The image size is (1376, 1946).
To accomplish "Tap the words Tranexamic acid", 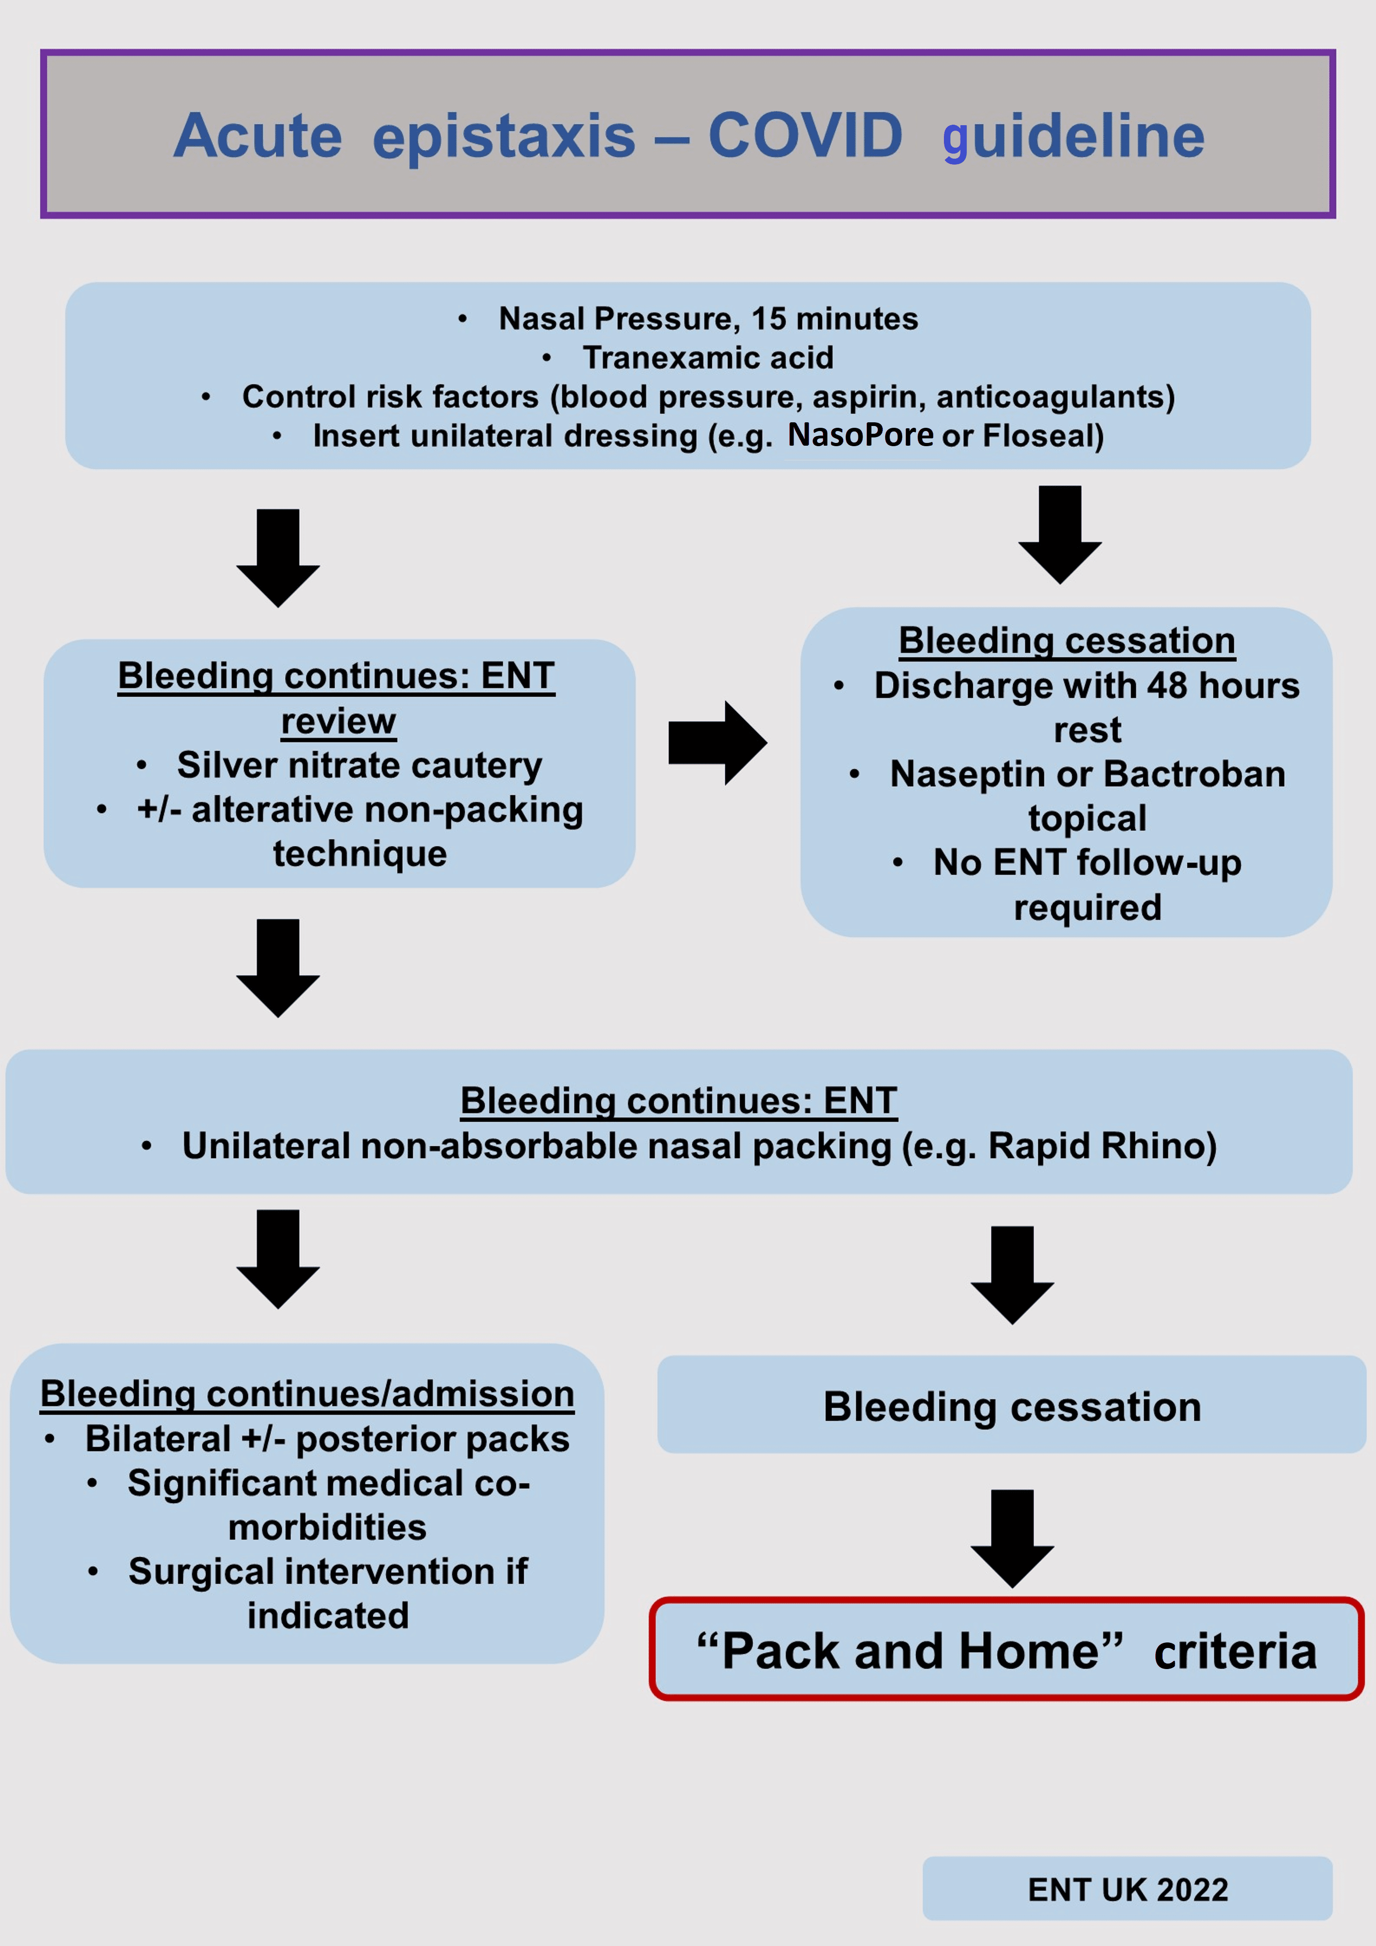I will click(708, 358).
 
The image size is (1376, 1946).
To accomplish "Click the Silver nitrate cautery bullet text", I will click(360, 765).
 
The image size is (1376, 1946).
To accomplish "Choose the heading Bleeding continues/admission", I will click(307, 1394).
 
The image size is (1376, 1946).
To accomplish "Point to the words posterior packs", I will click(433, 1439).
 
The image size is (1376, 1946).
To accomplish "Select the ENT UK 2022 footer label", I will click(1127, 1889).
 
